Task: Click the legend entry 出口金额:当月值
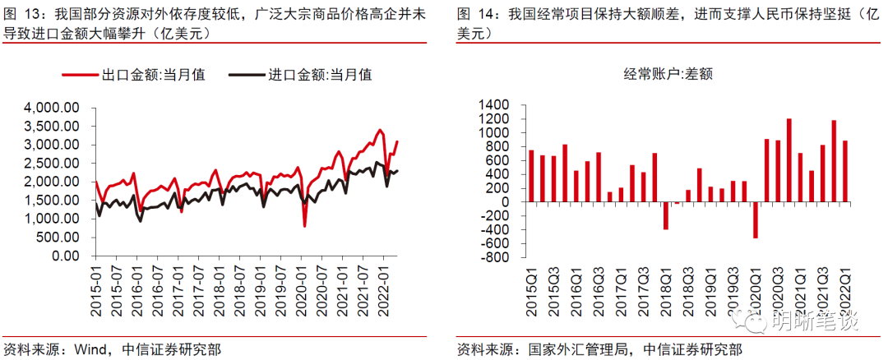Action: tap(153, 75)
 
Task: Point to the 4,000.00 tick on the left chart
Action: tap(51, 108)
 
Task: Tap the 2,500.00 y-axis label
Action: tap(51, 164)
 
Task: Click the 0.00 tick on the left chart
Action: tap(62, 256)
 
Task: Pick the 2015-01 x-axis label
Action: tap(96, 288)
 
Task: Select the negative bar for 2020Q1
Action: tap(755, 220)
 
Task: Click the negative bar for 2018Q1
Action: tap(666, 215)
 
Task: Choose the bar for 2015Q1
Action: tap(531, 176)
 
